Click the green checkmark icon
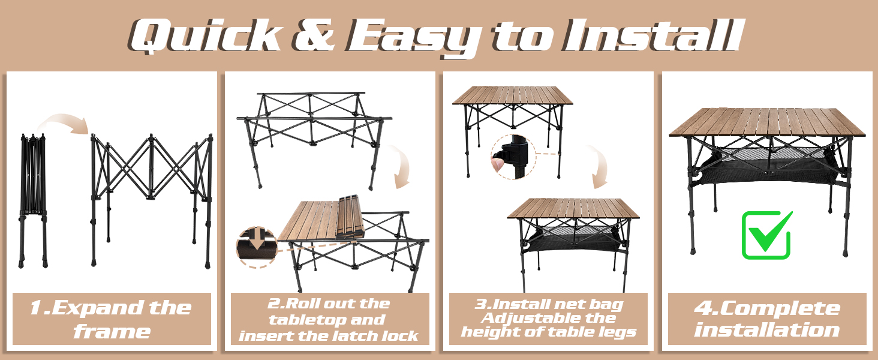pos(766,235)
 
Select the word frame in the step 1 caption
pos(112,331)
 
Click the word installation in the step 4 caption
pos(767,329)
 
